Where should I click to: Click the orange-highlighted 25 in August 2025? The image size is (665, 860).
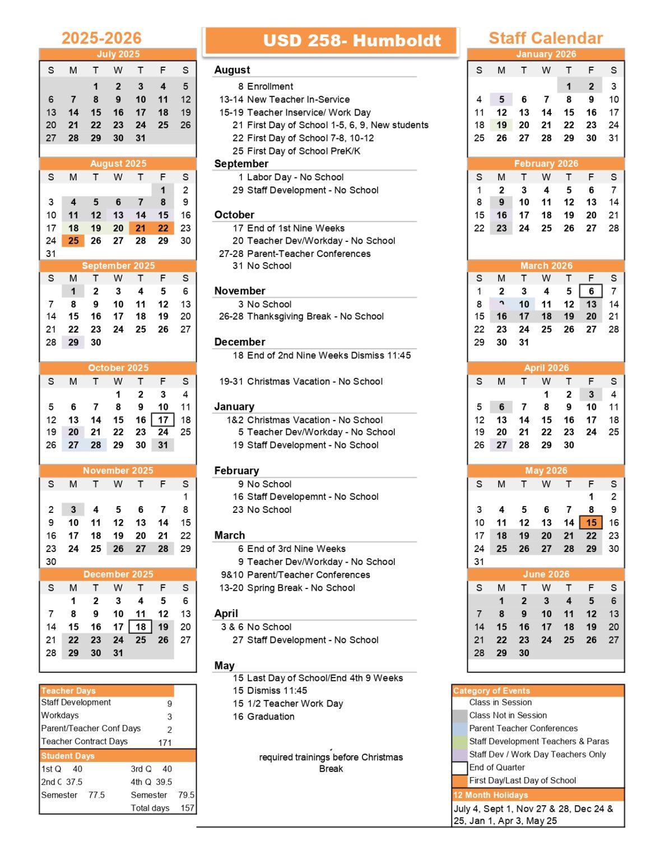73,241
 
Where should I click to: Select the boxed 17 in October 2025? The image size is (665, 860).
163,420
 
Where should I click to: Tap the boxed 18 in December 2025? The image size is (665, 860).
141,627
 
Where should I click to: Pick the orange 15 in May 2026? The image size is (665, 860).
591,522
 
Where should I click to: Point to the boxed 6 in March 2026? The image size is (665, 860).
591,291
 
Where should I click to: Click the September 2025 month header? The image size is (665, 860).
118,265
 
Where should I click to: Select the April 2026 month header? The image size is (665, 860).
546,368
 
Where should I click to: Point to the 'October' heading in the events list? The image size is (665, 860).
234,215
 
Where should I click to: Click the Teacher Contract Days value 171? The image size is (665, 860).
165,742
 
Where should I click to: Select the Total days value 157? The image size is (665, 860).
187,808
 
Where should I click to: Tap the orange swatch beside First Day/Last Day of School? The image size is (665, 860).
459,780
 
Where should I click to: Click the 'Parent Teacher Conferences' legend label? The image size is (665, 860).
523,728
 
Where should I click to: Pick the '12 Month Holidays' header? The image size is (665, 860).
491,795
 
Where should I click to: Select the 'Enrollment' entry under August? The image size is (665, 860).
269,86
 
